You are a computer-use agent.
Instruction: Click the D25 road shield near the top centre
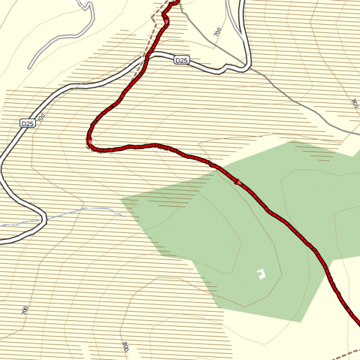[181, 60]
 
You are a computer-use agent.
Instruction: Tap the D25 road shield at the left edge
[28, 124]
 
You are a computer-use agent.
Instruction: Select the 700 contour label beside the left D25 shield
[42, 117]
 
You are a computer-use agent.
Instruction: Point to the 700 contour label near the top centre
[217, 33]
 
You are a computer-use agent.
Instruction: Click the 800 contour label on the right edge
[354, 103]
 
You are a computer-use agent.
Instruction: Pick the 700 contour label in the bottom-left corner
[25, 310]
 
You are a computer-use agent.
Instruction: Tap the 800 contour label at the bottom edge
[125, 346]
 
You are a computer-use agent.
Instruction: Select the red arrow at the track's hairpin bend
[89, 143]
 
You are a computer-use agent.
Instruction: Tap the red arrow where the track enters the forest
[238, 182]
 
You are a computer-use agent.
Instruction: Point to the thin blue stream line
[81, 211]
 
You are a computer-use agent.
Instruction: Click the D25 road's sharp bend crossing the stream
[43, 218]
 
